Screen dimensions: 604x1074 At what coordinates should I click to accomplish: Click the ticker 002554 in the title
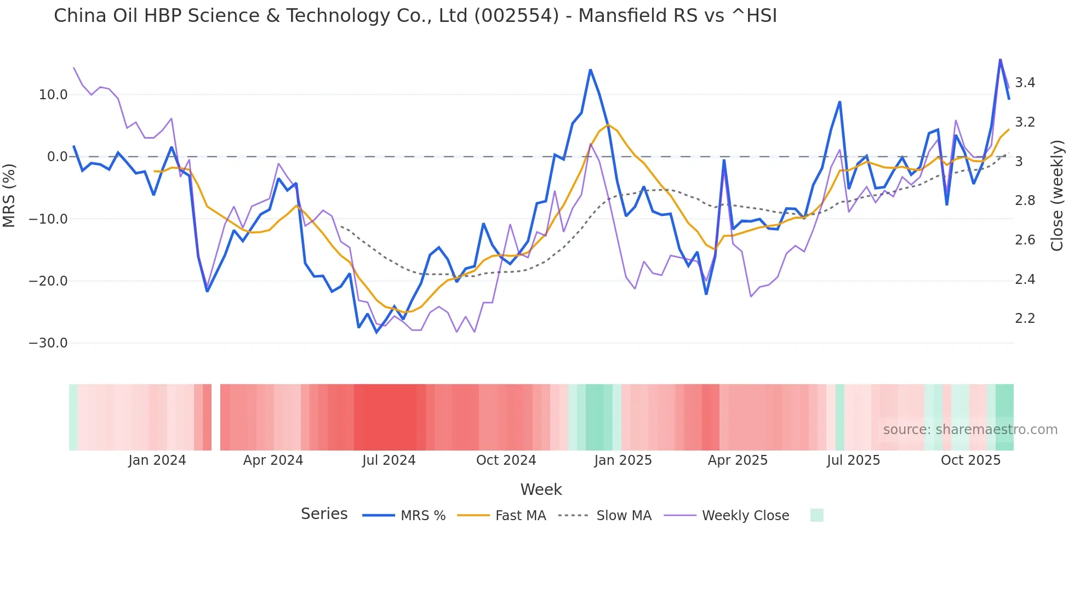pyautogui.click(x=517, y=16)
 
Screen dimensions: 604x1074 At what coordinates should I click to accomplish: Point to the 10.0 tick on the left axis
pyautogui.click(x=53, y=95)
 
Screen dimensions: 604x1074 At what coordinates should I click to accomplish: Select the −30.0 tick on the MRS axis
pyautogui.click(x=48, y=343)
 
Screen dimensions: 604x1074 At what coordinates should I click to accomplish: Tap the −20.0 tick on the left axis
pyautogui.click(x=48, y=281)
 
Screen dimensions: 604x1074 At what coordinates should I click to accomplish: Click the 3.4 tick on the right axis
pyautogui.click(x=1025, y=83)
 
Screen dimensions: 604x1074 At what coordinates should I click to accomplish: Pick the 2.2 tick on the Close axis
pyautogui.click(x=1025, y=318)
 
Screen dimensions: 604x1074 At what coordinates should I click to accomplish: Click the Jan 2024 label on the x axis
pyautogui.click(x=157, y=460)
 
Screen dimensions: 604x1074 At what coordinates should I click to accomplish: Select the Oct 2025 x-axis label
pyautogui.click(x=970, y=460)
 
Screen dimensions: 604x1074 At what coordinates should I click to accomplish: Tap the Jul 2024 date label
pyautogui.click(x=389, y=460)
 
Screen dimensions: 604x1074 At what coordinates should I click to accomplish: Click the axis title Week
pyautogui.click(x=541, y=489)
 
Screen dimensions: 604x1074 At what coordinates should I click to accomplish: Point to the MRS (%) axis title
pyautogui.click(x=9, y=195)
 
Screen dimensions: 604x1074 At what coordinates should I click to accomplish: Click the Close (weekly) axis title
pyautogui.click(x=1057, y=195)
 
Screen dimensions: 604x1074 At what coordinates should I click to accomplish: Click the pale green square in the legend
pyautogui.click(x=816, y=515)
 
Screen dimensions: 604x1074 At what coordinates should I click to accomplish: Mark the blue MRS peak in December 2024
pyautogui.click(x=590, y=70)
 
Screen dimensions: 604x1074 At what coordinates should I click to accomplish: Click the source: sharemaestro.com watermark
pyautogui.click(x=970, y=430)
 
